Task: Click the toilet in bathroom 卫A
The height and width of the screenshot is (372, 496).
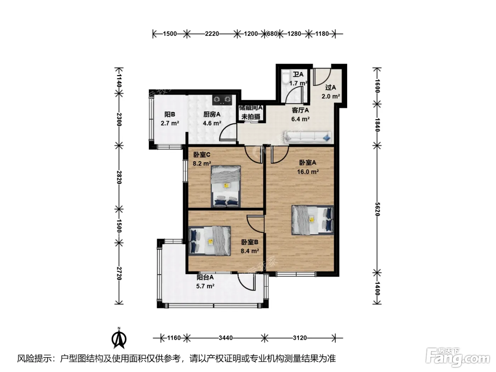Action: tap(286, 78)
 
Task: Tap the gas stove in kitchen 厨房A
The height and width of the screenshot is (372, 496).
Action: tap(222, 100)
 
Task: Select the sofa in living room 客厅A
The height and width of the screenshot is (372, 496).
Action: tap(308, 137)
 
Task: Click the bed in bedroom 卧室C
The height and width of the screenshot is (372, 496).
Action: tap(226, 186)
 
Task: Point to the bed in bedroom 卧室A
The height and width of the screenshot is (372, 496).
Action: tap(312, 220)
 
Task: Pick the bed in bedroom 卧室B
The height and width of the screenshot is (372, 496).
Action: tap(209, 241)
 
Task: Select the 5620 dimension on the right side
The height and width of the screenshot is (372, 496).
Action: tap(377, 209)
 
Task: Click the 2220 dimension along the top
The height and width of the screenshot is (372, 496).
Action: tap(212, 34)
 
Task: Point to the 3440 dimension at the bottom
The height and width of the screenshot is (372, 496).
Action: tap(226, 338)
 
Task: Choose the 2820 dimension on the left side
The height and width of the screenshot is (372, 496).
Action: tap(119, 177)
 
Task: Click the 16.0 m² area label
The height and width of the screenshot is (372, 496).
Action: tap(308, 172)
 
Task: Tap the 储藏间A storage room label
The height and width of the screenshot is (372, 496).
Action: tap(250, 108)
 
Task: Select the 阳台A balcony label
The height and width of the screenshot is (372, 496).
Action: tap(205, 277)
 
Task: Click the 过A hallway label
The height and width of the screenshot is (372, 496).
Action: tap(330, 88)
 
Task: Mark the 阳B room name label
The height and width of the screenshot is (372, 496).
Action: tap(170, 114)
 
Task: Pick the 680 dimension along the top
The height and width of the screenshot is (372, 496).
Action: tap(272, 34)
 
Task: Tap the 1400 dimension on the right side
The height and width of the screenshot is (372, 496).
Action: tap(377, 289)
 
